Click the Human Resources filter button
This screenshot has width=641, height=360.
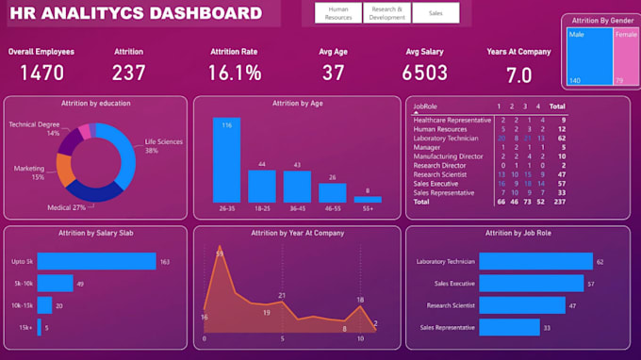click(337, 13)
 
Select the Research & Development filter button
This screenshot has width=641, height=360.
click(387, 13)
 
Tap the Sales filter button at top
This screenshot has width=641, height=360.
click(436, 13)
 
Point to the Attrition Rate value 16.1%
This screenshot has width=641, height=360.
click(235, 73)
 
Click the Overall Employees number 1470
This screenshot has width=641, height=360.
click(41, 73)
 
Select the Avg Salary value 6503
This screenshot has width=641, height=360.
click(424, 73)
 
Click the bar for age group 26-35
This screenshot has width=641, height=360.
click(226, 160)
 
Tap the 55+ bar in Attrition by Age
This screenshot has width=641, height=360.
click(368, 199)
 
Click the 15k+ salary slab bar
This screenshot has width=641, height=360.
click(42, 328)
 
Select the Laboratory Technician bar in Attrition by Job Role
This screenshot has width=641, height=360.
click(535, 262)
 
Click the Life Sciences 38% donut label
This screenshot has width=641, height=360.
click(163, 146)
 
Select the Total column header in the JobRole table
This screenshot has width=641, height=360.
click(557, 106)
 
